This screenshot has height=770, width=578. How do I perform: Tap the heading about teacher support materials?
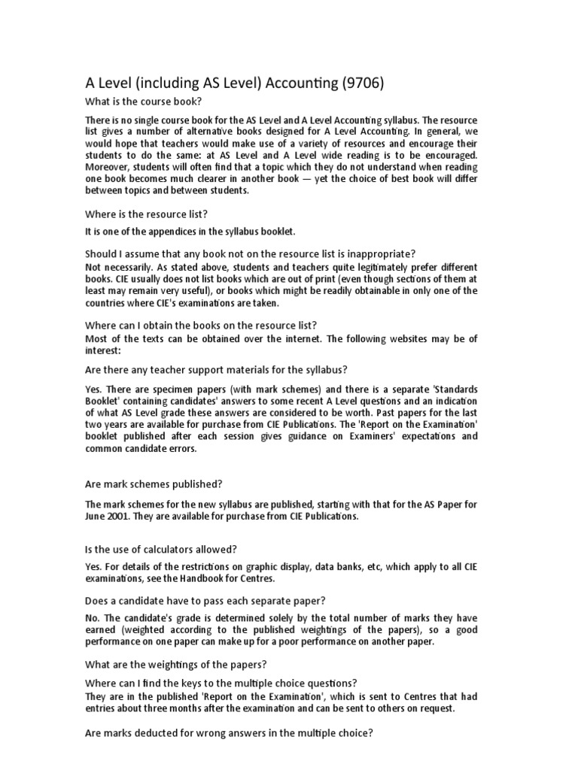pyautogui.click(x=216, y=369)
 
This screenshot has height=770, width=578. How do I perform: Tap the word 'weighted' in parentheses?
pyautogui.click(x=148, y=629)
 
